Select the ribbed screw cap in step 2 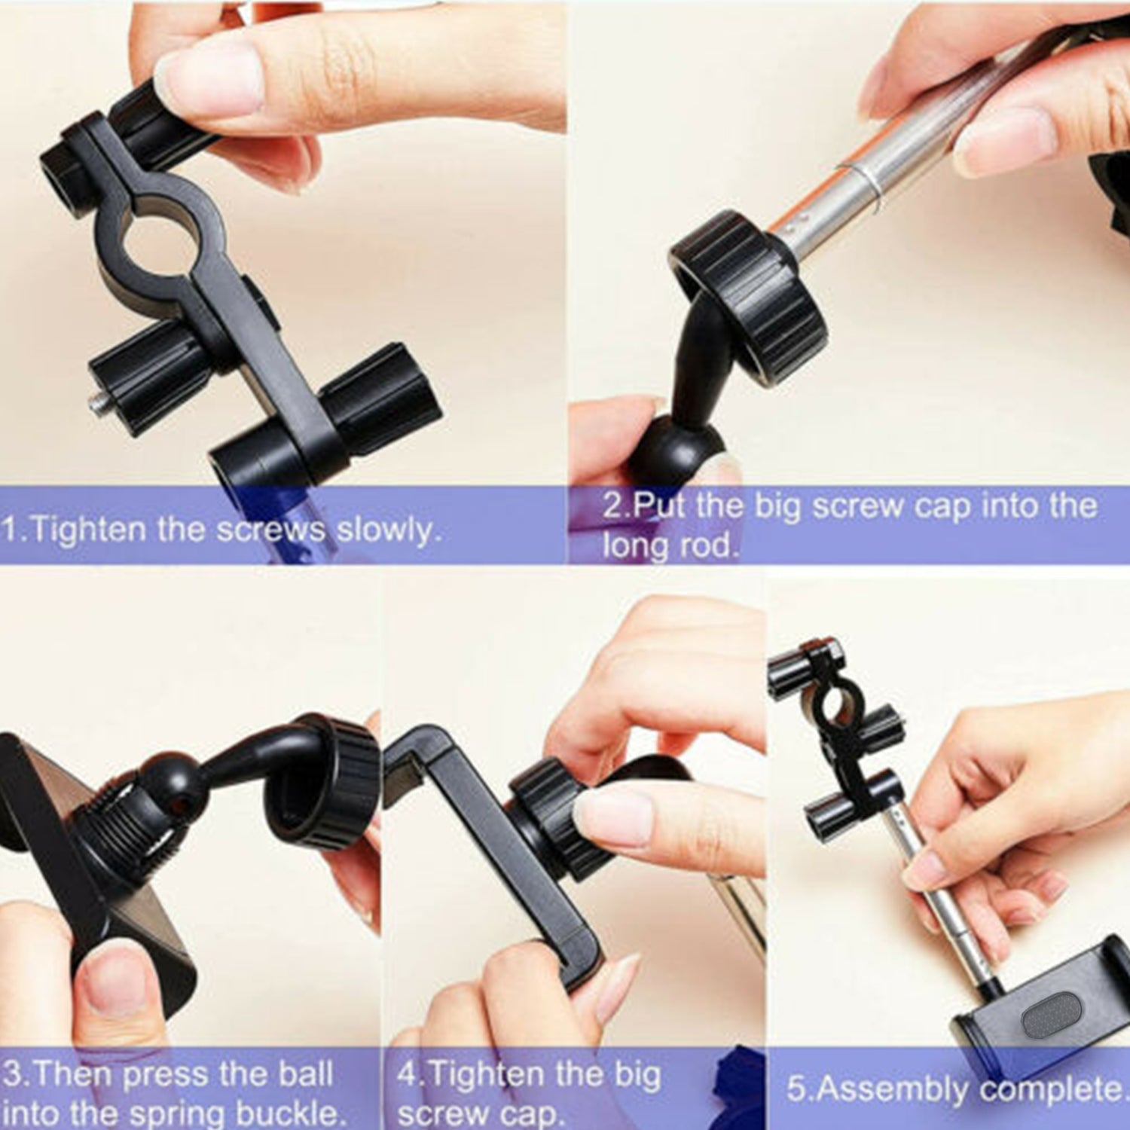click(x=746, y=298)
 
